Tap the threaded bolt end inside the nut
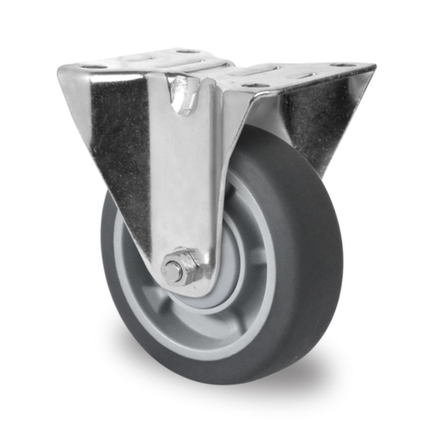pyautogui.click(x=175, y=270)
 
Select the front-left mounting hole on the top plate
pyautogui.click(x=94, y=67)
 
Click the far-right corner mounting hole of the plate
pyautogui.click(x=343, y=65)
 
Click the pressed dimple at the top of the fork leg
pyautogui.click(x=182, y=94)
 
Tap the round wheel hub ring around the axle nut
pyautogui.click(x=212, y=281)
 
